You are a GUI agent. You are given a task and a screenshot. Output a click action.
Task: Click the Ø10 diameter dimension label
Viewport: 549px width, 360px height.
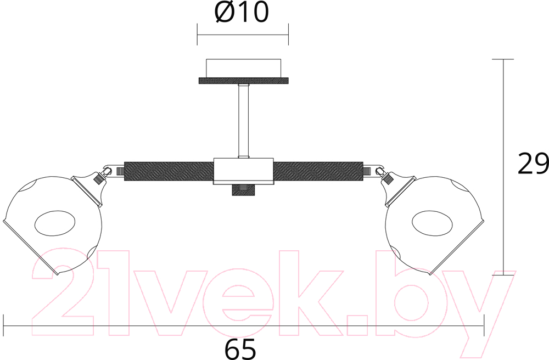pos(242,12)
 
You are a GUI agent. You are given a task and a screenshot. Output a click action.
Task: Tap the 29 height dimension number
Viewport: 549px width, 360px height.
pos(533,164)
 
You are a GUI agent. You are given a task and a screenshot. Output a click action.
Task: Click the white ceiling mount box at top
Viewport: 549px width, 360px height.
pos(243,68)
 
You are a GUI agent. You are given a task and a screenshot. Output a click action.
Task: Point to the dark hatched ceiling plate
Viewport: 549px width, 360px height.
pos(244,81)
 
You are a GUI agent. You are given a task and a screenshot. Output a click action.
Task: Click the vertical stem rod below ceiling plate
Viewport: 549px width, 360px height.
pos(243,121)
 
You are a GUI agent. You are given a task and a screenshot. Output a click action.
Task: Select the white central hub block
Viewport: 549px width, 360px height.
pos(243,171)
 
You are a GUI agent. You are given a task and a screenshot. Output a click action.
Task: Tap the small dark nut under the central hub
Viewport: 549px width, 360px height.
pos(243,190)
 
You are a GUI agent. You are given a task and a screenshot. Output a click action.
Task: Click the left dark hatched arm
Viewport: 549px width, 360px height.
pos(169,171)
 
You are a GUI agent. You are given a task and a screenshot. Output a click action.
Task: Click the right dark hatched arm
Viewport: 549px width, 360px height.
pos(318,171)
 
